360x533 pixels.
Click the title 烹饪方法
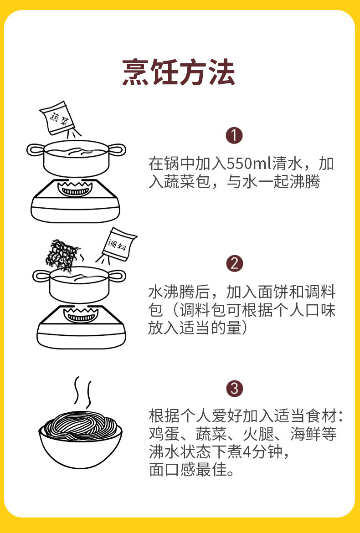tap(179, 72)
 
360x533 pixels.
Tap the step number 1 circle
tap(235, 135)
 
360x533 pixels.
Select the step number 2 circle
tap(235, 263)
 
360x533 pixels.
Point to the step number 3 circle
tap(235, 389)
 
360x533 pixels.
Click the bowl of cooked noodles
tap(81, 437)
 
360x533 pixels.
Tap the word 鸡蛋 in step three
tap(160, 434)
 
